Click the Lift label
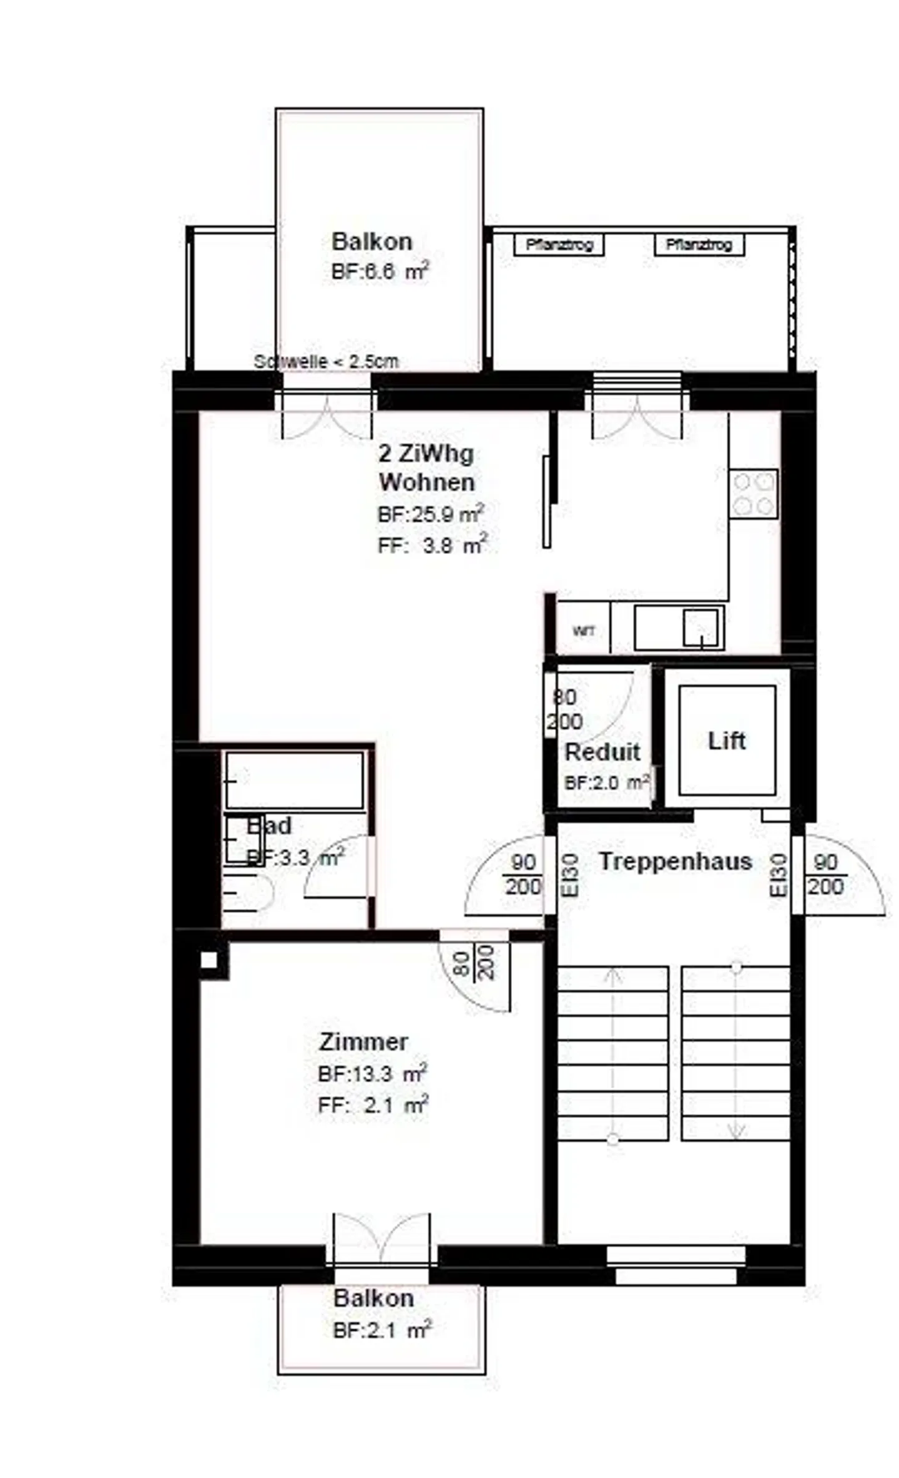pos(726,741)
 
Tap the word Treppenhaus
pos(675,861)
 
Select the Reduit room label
pos(602,752)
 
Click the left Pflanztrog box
pos(559,245)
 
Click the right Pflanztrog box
pos(699,245)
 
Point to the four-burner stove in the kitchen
pos(753,493)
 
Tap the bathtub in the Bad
pos(294,780)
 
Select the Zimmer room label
pos(363,1041)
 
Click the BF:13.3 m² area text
pos(372,1074)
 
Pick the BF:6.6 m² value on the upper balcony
pos(380,272)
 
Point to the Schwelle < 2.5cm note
pos(326,361)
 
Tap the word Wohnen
pos(426,482)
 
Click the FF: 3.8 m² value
pos(431,546)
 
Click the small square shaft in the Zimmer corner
pos(209,960)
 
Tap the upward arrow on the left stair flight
pos(613,976)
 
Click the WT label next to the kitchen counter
pos(583,631)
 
